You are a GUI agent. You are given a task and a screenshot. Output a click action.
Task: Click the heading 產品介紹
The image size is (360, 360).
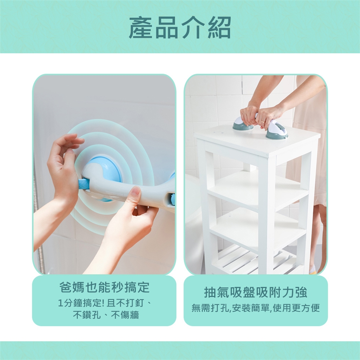180,27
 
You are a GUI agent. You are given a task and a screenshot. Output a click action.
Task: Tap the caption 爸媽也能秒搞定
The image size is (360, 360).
104,287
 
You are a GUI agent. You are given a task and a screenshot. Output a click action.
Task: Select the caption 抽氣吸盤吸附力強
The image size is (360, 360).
255,292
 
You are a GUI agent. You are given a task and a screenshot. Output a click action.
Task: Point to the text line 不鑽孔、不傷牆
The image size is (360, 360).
106,315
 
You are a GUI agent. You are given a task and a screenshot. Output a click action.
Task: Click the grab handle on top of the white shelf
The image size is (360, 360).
261,127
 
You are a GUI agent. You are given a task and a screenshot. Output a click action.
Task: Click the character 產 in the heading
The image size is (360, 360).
140,27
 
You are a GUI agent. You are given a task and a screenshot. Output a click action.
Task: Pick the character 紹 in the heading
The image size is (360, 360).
219,27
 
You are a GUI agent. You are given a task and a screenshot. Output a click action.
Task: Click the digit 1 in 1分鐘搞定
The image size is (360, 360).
60,303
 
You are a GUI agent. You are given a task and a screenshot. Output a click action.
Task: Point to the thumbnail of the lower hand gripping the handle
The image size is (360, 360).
135,190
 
